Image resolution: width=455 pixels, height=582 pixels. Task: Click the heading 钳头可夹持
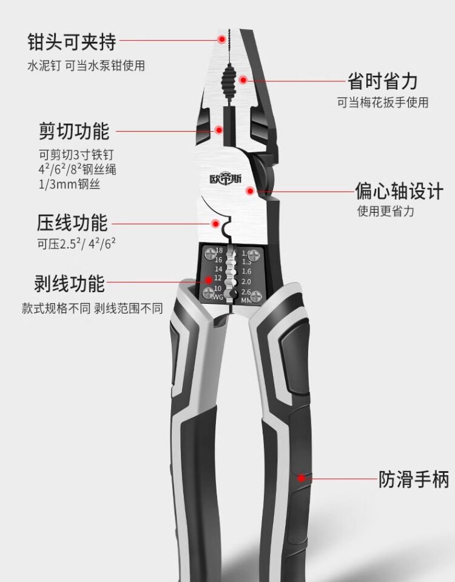pos(72,42)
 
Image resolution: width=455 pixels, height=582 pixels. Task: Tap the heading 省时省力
pos(382,81)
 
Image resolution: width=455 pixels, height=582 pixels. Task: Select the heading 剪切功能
pos(73,131)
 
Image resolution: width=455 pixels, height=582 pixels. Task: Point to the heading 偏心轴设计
pos(399,192)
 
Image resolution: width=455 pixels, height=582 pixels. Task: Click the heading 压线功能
pos(72,222)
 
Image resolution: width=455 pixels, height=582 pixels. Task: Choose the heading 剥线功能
pos(69,283)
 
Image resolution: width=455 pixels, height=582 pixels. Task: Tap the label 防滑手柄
pos(414,480)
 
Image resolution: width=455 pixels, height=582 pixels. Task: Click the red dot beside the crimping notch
pos(215,223)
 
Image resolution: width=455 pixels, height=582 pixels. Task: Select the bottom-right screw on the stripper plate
pos(257,295)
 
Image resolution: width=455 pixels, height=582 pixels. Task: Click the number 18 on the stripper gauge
pos(219,250)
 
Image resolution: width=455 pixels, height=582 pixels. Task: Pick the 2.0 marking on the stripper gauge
pos(246,281)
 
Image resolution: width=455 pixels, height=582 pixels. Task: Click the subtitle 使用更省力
pos(386,212)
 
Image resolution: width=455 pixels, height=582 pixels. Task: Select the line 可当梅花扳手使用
pos(383,102)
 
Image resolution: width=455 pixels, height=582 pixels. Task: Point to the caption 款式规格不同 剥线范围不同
pos(92,308)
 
